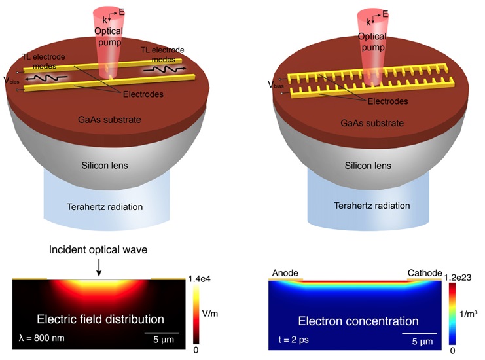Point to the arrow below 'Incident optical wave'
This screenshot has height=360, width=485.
click(x=99, y=267)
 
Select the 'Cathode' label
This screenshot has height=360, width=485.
click(x=425, y=272)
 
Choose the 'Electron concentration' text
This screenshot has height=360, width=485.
click(x=358, y=321)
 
